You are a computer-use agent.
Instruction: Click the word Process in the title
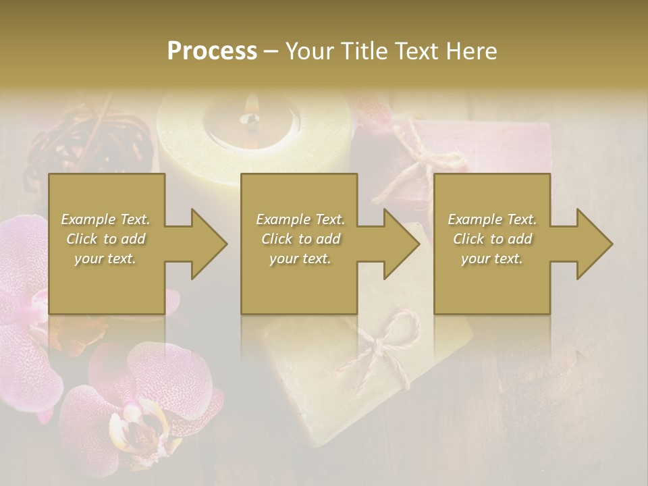[x=212, y=51]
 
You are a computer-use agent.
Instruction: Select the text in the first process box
[x=106, y=239]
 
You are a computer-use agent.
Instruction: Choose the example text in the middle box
[x=300, y=239]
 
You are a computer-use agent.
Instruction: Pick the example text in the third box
[x=492, y=239]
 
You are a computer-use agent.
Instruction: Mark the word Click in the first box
[x=83, y=239]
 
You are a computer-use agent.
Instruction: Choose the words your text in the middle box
[x=300, y=259]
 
